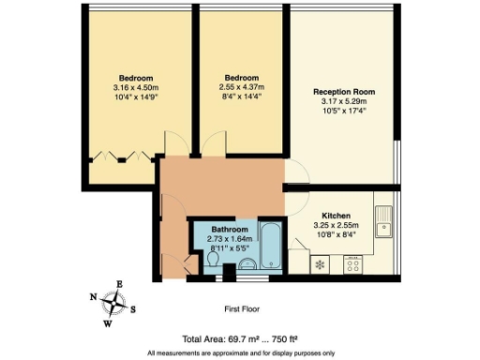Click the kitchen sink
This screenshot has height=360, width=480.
382,225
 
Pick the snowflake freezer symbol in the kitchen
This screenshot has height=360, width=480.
320,264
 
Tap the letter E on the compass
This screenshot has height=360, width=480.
119,283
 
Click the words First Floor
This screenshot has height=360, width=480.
241,307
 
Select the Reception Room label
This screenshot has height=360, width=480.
343,92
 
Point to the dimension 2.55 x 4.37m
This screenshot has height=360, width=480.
241,87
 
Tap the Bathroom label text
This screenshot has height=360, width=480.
230,230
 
